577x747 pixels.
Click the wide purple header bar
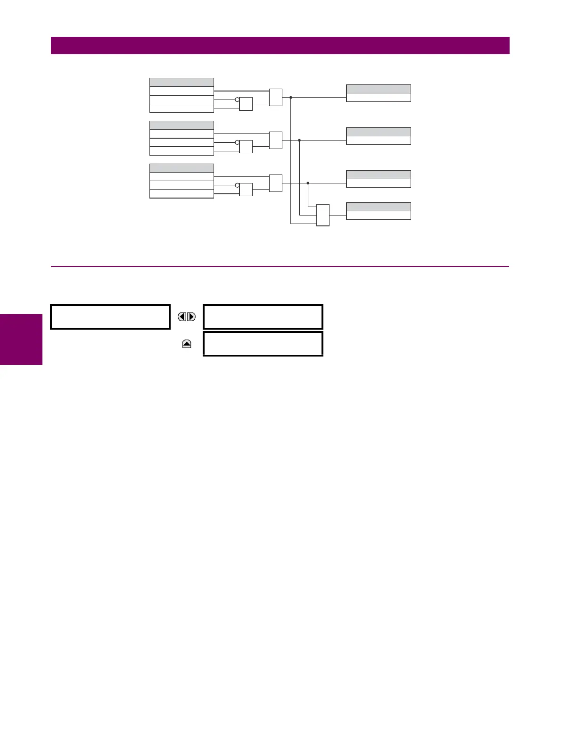pos(280,46)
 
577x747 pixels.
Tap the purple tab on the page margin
pos(21,340)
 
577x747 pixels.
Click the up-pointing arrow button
pos(187,344)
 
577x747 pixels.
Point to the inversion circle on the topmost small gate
pos(237,100)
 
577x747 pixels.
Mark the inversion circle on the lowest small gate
pos(237,185)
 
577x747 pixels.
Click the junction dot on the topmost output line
pos(291,98)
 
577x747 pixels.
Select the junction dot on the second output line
pos(299,140)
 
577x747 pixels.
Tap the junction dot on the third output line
pos(308,183)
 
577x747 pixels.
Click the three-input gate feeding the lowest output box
pos(323,215)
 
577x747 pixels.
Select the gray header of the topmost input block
pos(181,82)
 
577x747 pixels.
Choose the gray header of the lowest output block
pos(379,207)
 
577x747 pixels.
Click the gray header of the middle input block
pos(181,125)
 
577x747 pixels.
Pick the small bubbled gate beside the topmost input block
pos(246,104)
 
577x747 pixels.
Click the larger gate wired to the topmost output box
pos(276,97)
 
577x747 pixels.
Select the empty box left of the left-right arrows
pos(110,317)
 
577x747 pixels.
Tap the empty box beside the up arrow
pos(263,343)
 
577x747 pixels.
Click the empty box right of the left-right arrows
pos(263,317)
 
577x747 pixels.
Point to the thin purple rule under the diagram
pos(280,266)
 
